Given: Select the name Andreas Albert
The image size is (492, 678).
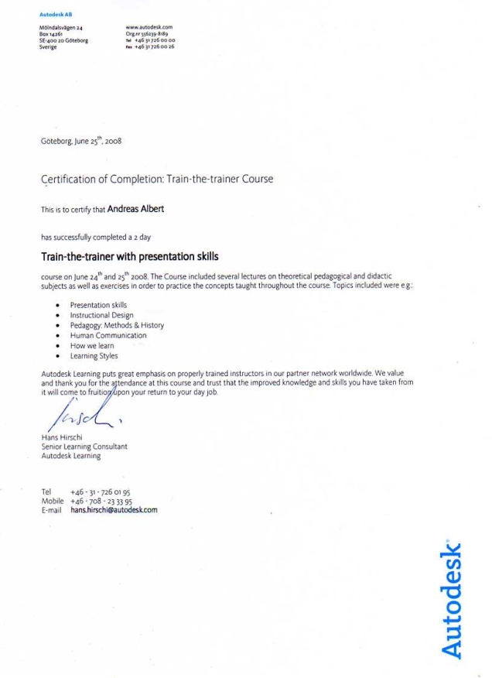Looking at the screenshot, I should coord(135,209).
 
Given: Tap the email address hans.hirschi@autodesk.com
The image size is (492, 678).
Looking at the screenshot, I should coord(114,511).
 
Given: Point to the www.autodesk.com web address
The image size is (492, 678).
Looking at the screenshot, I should coord(149,27).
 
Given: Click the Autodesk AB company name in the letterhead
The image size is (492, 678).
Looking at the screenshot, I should coord(55,15).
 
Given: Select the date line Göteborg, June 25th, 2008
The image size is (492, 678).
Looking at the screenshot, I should coord(81,142).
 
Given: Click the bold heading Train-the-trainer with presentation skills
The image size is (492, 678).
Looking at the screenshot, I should coord(129,256).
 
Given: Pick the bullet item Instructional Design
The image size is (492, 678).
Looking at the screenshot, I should coord(101,316).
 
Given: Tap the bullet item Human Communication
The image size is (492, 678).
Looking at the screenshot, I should coord(108,336).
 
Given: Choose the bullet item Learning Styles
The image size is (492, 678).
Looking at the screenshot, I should coord(94,356).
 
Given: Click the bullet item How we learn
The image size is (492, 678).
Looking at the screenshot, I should coord(91,346).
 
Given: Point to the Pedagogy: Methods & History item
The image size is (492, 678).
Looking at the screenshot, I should coord(117,326).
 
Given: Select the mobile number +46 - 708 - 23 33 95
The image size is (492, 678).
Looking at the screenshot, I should coord(101,502).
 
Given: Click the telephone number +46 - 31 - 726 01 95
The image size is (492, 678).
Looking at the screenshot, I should coord(100,492).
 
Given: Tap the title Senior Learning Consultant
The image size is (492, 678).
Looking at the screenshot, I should coord(84,447).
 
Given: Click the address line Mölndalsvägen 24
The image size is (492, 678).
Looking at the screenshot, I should coord(60,28).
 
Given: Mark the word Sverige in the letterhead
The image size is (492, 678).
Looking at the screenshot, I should coord(48,47).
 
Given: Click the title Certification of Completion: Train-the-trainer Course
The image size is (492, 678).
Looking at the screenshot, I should coord(156,180).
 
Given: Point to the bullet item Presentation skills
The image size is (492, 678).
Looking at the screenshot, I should coord(98,306).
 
